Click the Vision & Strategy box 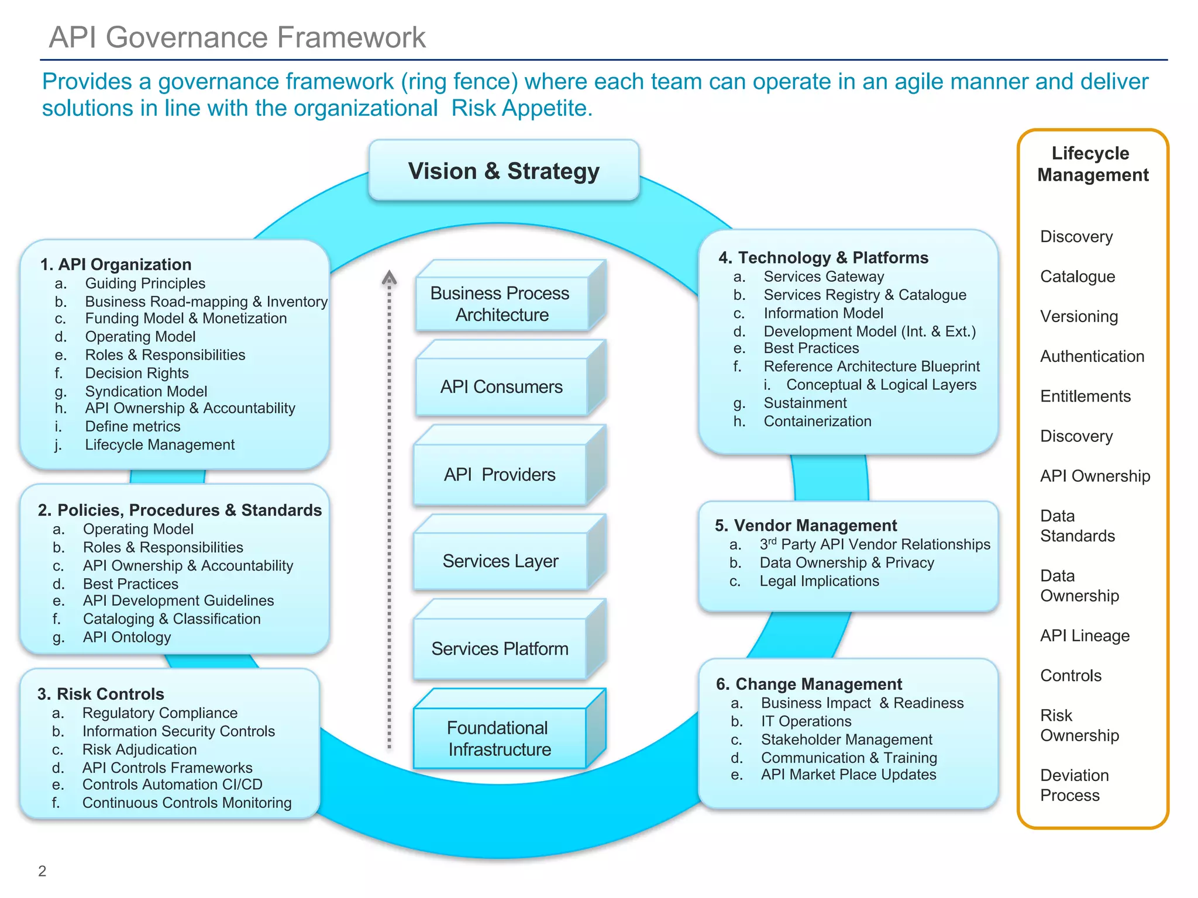pos(504,171)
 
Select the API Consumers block pos(501,386)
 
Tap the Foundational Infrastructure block pos(500,738)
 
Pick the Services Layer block pos(500,561)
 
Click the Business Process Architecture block pos(501,303)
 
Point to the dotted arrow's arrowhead pos(389,277)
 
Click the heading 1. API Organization pos(116,264)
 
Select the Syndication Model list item pos(146,391)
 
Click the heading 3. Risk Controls pos(101,694)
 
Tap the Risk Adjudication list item pos(139,750)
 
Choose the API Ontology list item pos(127,637)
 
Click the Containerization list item pos(817,421)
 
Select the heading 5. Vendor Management pos(805,525)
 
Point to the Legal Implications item pos(819,581)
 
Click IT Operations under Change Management pos(806,721)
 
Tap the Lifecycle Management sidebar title pos(1092,164)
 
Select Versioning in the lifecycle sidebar pos(1079,316)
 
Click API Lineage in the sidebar pos(1085,635)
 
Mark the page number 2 pos(42,871)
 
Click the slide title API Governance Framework pos(237,37)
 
